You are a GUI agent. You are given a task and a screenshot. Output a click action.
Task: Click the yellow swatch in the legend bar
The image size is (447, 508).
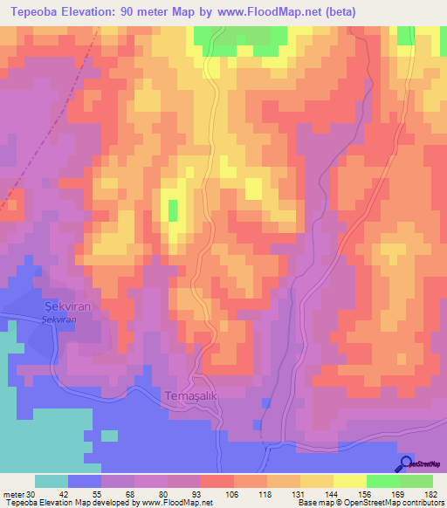[349, 481]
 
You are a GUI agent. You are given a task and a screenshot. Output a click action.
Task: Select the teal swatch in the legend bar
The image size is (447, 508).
[52, 481]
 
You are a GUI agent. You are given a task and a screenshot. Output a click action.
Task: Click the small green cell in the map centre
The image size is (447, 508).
[172, 209]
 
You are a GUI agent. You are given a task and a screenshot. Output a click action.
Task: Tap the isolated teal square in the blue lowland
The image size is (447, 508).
[109, 436]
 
